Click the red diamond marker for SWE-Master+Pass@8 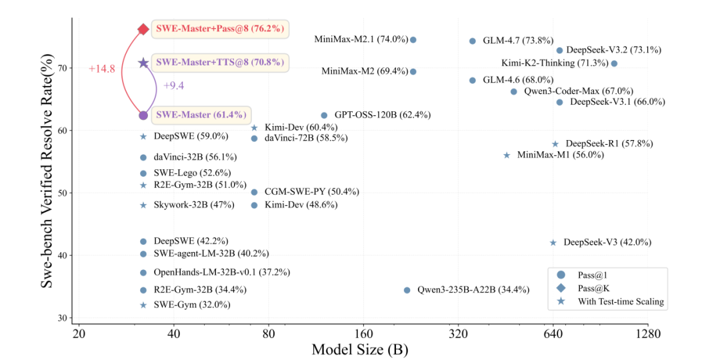[143, 29]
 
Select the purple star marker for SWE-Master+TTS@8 [143, 63]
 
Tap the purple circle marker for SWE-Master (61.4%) [143, 115]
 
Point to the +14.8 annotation [102, 69]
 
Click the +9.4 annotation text [173, 85]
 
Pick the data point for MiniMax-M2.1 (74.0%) [413, 40]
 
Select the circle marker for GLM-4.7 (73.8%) [473, 41]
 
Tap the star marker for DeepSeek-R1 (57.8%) [555, 144]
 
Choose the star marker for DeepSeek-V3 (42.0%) [553, 243]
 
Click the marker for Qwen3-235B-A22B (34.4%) [407, 290]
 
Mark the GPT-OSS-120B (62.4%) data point [324, 115]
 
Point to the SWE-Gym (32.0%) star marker [143, 305]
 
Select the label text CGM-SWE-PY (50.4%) [311, 192]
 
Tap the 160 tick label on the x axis [363, 333]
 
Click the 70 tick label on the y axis [62, 68]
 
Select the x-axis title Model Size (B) [360, 349]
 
